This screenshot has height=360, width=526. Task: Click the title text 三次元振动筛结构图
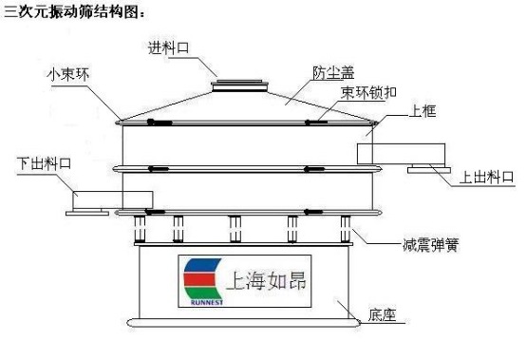pyautogui.click(x=75, y=11)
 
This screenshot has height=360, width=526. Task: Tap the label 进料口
pyautogui.click(x=168, y=47)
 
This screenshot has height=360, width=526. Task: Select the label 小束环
pyautogui.click(x=66, y=73)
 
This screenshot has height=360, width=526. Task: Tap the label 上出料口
pyautogui.click(x=486, y=177)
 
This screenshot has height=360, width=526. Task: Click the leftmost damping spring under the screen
pyautogui.click(x=141, y=229)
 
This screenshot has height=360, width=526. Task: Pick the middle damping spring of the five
pyautogui.click(x=234, y=229)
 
